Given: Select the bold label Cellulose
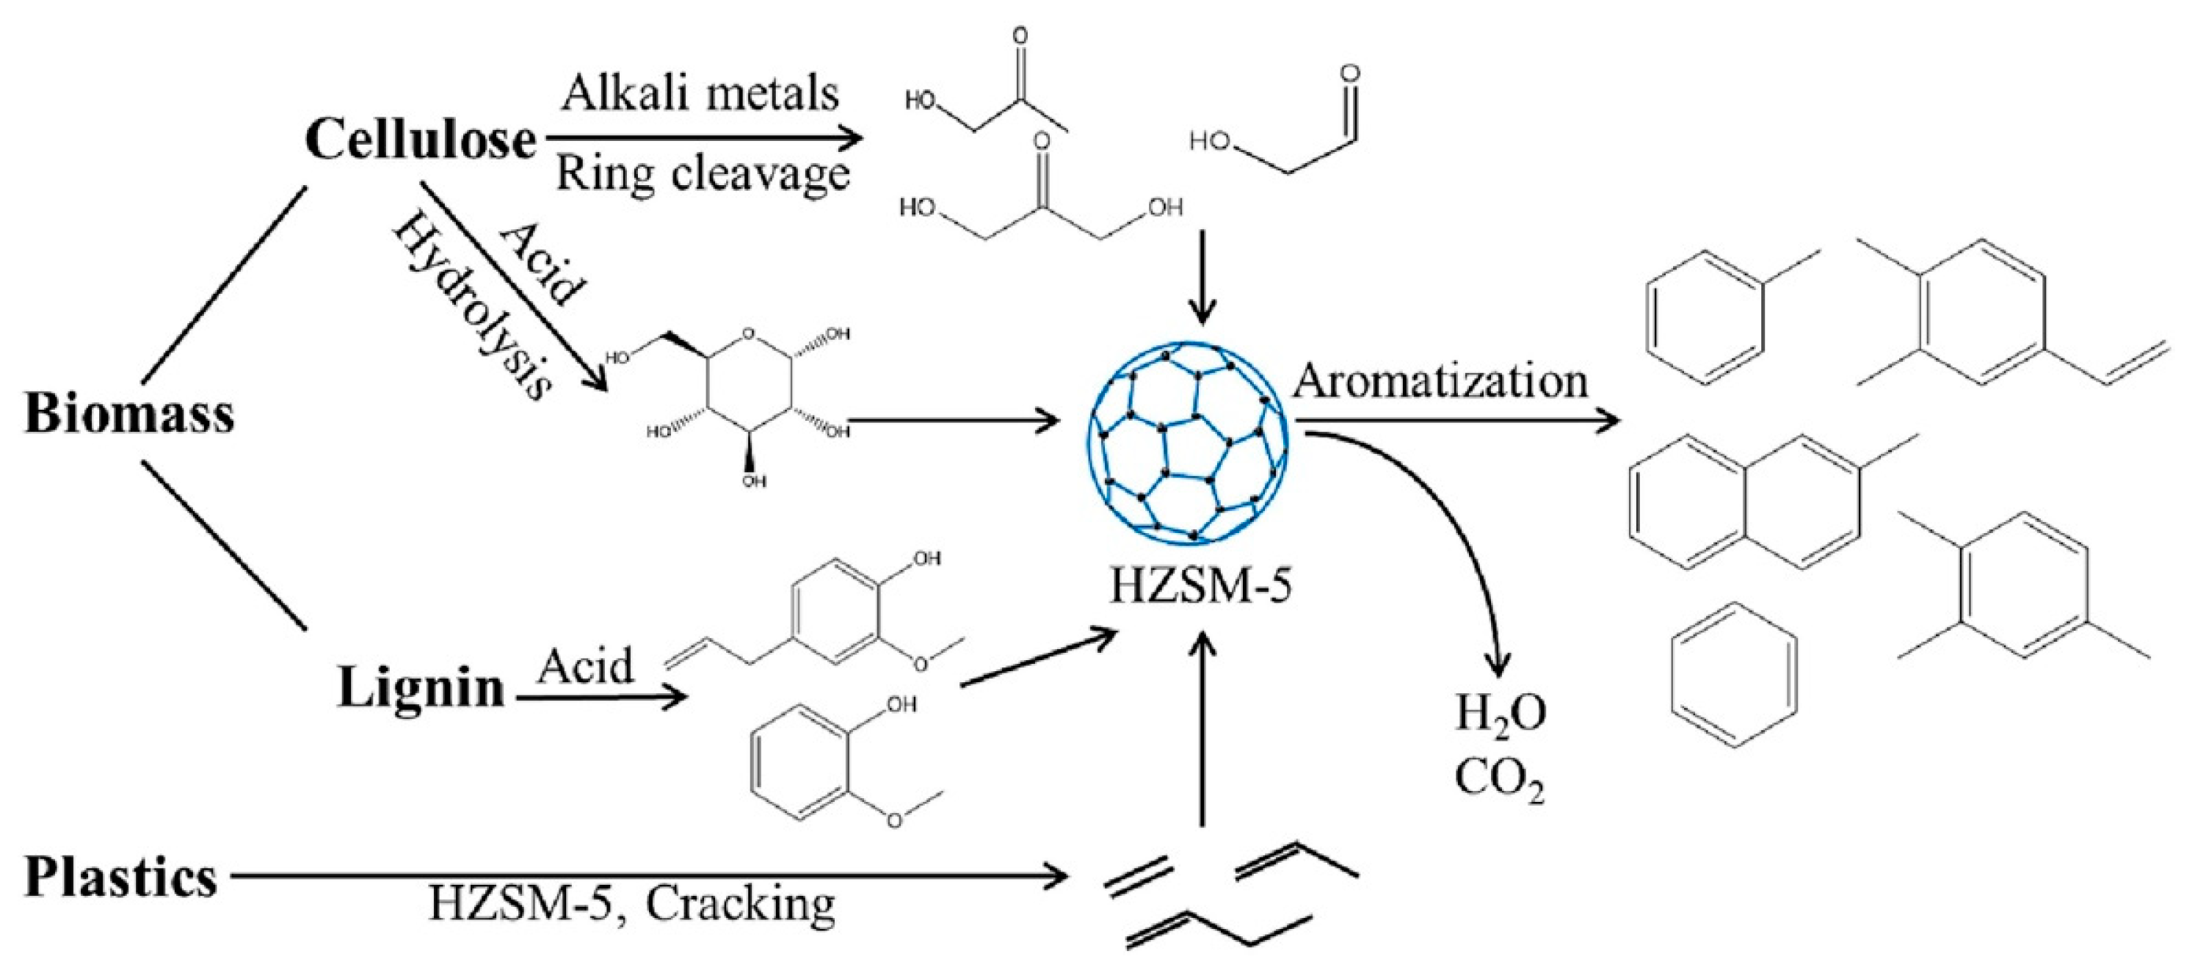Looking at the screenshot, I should [x=421, y=140].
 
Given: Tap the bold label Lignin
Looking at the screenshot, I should [x=421, y=688].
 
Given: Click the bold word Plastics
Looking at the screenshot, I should [x=120, y=878].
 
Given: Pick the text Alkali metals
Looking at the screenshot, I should [x=700, y=93].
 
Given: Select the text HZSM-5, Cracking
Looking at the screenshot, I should [x=631, y=904].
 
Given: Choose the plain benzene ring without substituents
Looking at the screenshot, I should [x=1733, y=676].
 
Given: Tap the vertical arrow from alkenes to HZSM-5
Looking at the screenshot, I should [x=1203, y=728].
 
